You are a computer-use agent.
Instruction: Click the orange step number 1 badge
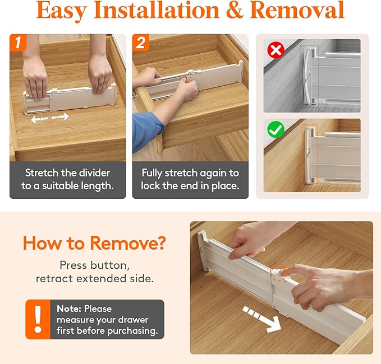[x=19, y=43]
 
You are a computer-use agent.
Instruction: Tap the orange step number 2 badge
[x=141, y=43]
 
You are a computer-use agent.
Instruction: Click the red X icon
[x=275, y=51]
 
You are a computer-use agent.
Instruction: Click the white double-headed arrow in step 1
[x=49, y=118]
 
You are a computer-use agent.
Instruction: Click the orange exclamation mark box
[x=38, y=319]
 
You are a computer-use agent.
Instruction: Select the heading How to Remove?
[x=95, y=243]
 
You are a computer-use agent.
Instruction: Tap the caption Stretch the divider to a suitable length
[x=67, y=179]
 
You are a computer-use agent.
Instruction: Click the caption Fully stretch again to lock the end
[x=190, y=179]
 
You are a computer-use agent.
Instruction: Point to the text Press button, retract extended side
[x=95, y=271]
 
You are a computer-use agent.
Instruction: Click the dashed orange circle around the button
[x=278, y=273]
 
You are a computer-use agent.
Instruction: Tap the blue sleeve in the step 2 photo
[x=147, y=131]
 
